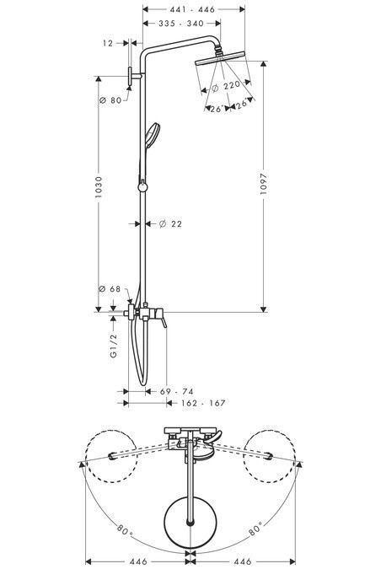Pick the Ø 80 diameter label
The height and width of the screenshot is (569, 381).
pyautogui.click(x=112, y=100)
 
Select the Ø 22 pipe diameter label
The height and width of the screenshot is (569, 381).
pyautogui.click(x=170, y=223)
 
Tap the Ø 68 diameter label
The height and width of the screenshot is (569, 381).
pyautogui.click(x=112, y=289)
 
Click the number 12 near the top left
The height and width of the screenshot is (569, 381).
pyautogui.click(x=107, y=41)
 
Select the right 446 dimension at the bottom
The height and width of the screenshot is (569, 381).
pyautogui.click(x=243, y=561)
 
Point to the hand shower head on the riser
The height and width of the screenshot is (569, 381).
pyautogui.click(x=153, y=135)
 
